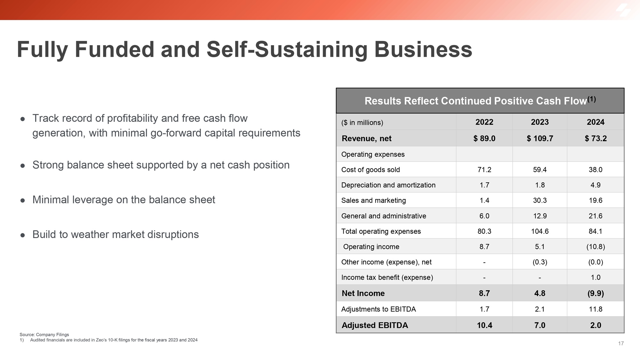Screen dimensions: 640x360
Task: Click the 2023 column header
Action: pos(540,122)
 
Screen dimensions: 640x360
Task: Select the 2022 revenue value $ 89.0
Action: pos(484,138)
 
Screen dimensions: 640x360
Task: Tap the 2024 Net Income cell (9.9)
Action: pos(596,293)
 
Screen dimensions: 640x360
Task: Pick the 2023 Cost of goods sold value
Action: pos(540,170)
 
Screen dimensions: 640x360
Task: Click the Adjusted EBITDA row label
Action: pos(375,325)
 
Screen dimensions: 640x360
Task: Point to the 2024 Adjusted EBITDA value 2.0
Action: pos(596,325)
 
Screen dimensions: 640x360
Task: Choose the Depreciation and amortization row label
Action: pos(388,185)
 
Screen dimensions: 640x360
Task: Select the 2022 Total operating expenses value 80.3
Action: pos(484,231)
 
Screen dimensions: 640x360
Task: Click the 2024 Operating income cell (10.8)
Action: pos(596,247)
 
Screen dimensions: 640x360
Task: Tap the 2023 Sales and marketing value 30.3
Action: pos(540,200)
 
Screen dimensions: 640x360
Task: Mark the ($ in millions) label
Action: pos(362,123)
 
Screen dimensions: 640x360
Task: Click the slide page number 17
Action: pos(621,343)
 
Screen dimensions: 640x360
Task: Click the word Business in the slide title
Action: pos(423,50)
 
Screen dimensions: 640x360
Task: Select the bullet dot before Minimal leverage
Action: pos(23,200)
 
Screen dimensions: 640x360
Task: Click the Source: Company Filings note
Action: pos(44,334)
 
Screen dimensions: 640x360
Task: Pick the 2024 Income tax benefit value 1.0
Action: pos(596,277)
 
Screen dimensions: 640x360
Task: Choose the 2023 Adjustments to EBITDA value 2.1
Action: pos(540,309)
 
